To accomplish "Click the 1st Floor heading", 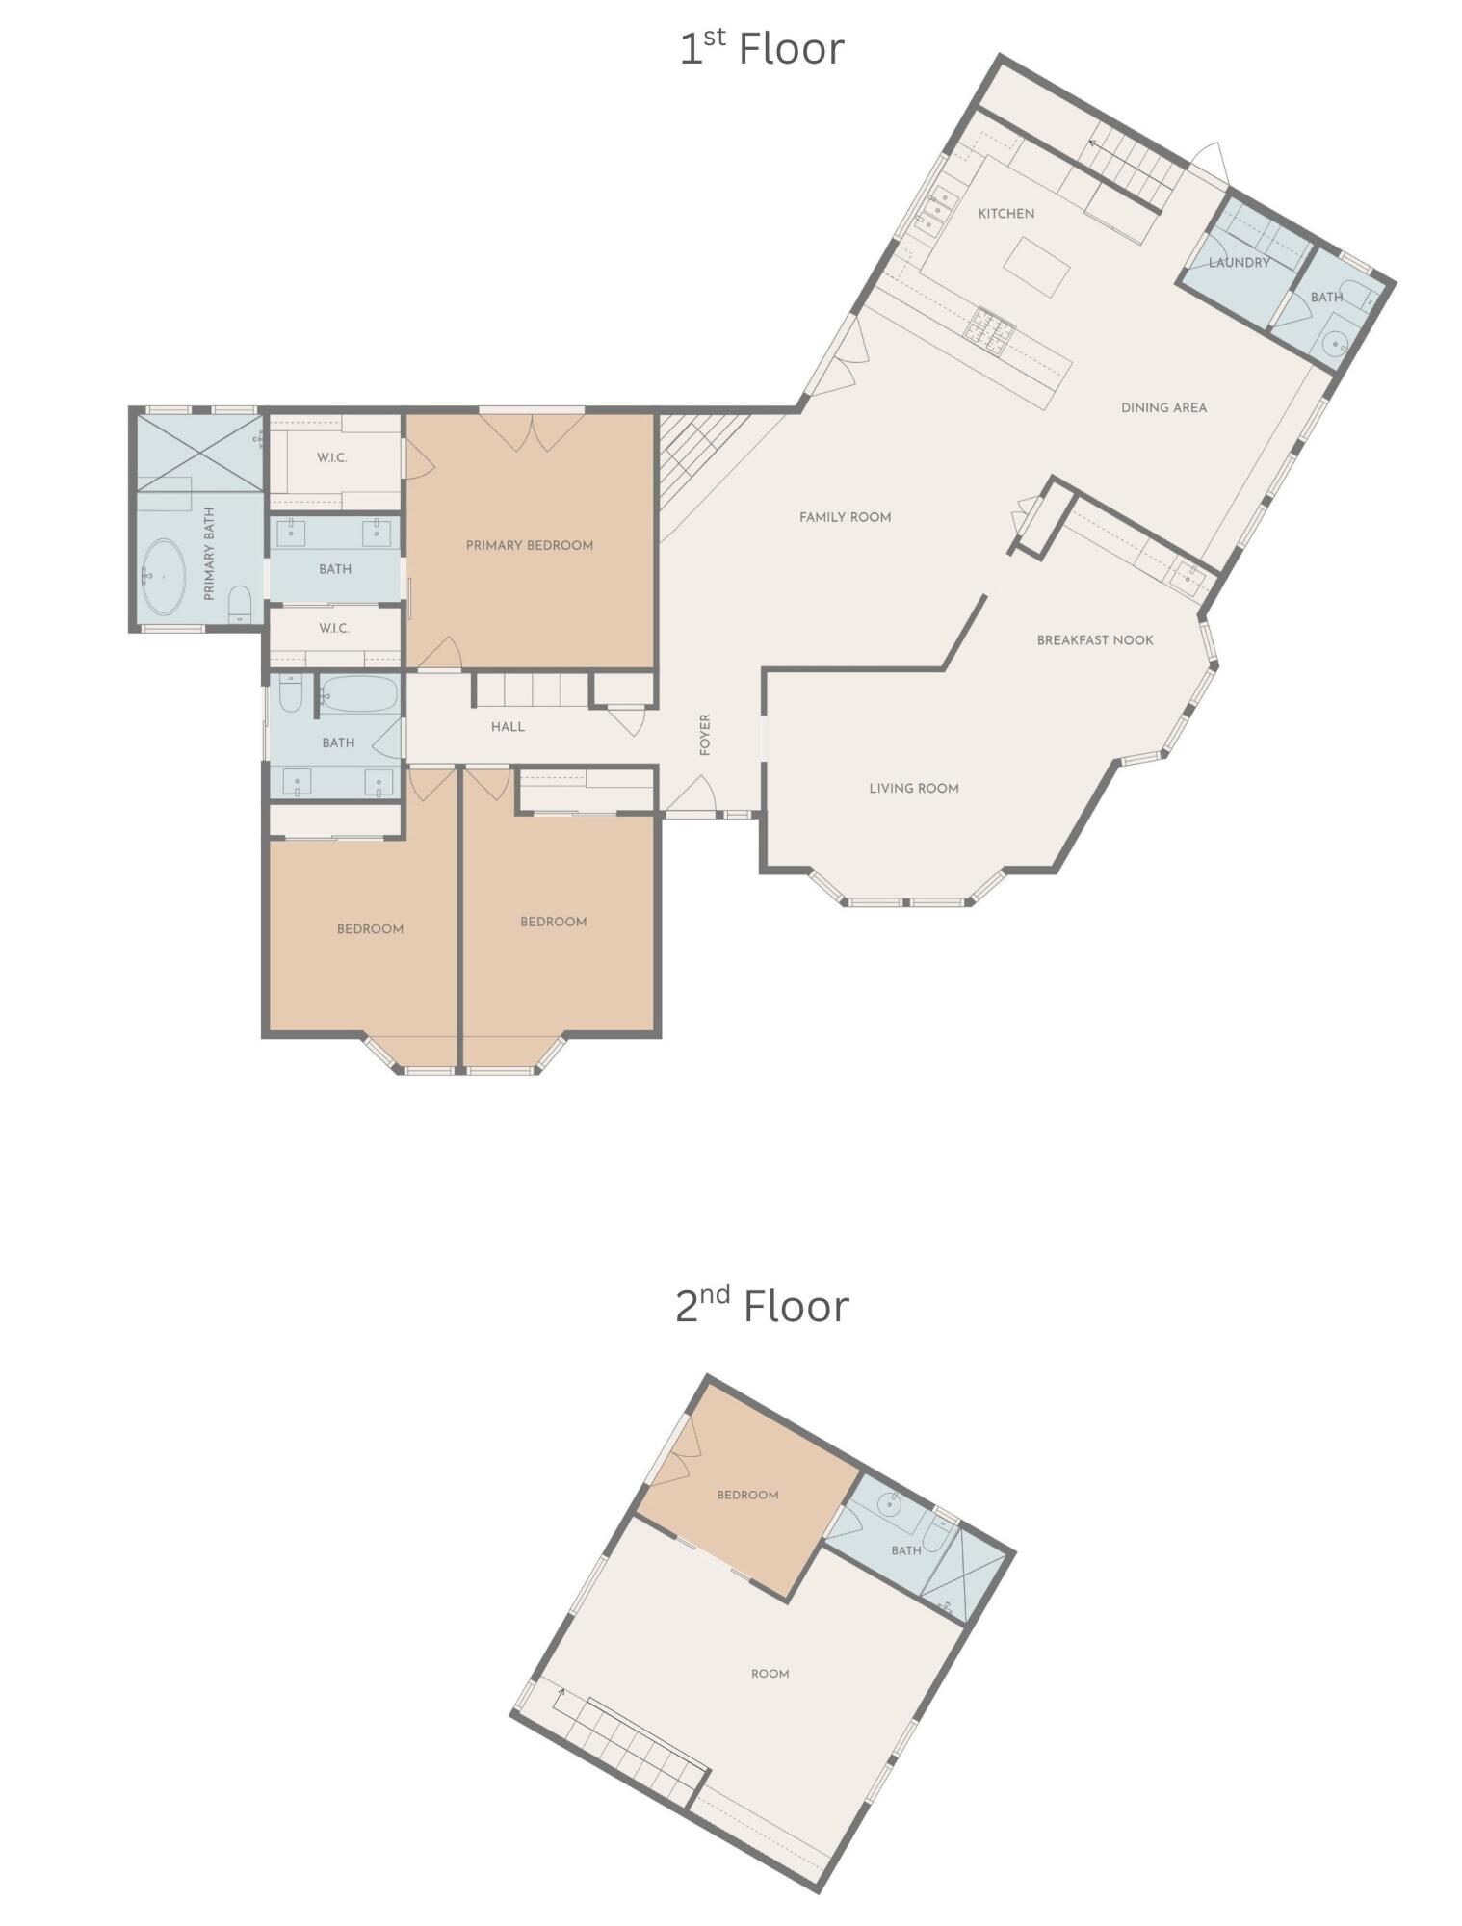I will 761,48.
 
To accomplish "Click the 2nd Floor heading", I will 761,1306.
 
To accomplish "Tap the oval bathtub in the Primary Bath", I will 164,577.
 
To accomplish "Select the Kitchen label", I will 1005,214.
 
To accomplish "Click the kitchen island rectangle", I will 1036,267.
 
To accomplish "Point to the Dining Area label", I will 1162,407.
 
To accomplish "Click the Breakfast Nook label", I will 1094,639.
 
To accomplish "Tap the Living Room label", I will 913,788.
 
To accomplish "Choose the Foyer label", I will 705,734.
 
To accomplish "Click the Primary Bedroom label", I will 529,545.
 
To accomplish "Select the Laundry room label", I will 1239,262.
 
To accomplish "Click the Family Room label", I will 845,517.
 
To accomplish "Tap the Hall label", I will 508,726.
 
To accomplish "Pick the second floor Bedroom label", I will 747,1495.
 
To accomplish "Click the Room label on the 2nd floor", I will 770,1674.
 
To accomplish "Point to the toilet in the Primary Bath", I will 240,604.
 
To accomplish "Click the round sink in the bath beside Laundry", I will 1334,342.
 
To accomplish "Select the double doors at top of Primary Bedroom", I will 531,431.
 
